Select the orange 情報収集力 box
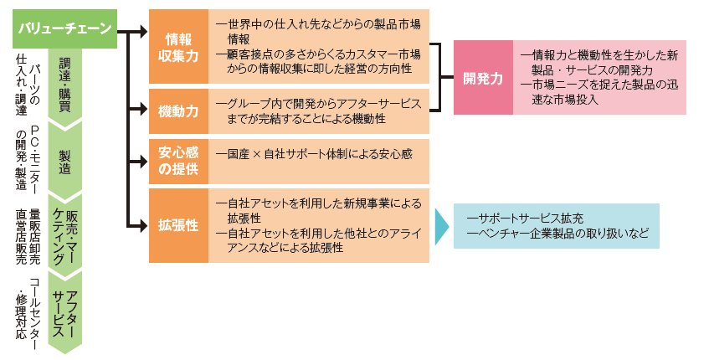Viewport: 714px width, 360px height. [178, 47]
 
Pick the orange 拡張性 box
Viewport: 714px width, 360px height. [178, 226]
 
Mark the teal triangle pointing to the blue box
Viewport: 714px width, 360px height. [441, 226]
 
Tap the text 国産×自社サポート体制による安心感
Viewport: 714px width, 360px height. [314, 155]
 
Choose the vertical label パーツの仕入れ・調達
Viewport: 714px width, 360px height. [28, 84]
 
